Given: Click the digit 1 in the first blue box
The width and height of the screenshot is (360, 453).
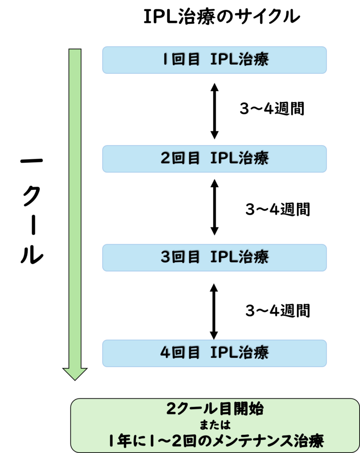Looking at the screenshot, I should pyautogui.click(x=164, y=60).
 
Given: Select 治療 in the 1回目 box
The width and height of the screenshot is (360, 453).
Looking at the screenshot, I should pyautogui.click(x=254, y=60).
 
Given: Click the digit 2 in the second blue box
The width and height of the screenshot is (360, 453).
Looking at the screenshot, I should pyautogui.click(x=165, y=159).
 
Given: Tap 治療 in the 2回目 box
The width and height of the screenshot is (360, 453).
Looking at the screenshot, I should pyautogui.click(x=254, y=159).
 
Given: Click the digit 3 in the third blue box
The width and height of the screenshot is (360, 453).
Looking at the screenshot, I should pyautogui.click(x=165, y=257).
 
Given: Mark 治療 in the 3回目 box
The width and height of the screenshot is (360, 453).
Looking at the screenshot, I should pyautogui.click(x=254, y=257).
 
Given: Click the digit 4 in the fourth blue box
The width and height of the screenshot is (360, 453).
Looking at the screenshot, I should pyautogui.click(x=165, y=353).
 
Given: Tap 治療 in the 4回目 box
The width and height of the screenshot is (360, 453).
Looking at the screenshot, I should pyautogui.click(x=254, y=353).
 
